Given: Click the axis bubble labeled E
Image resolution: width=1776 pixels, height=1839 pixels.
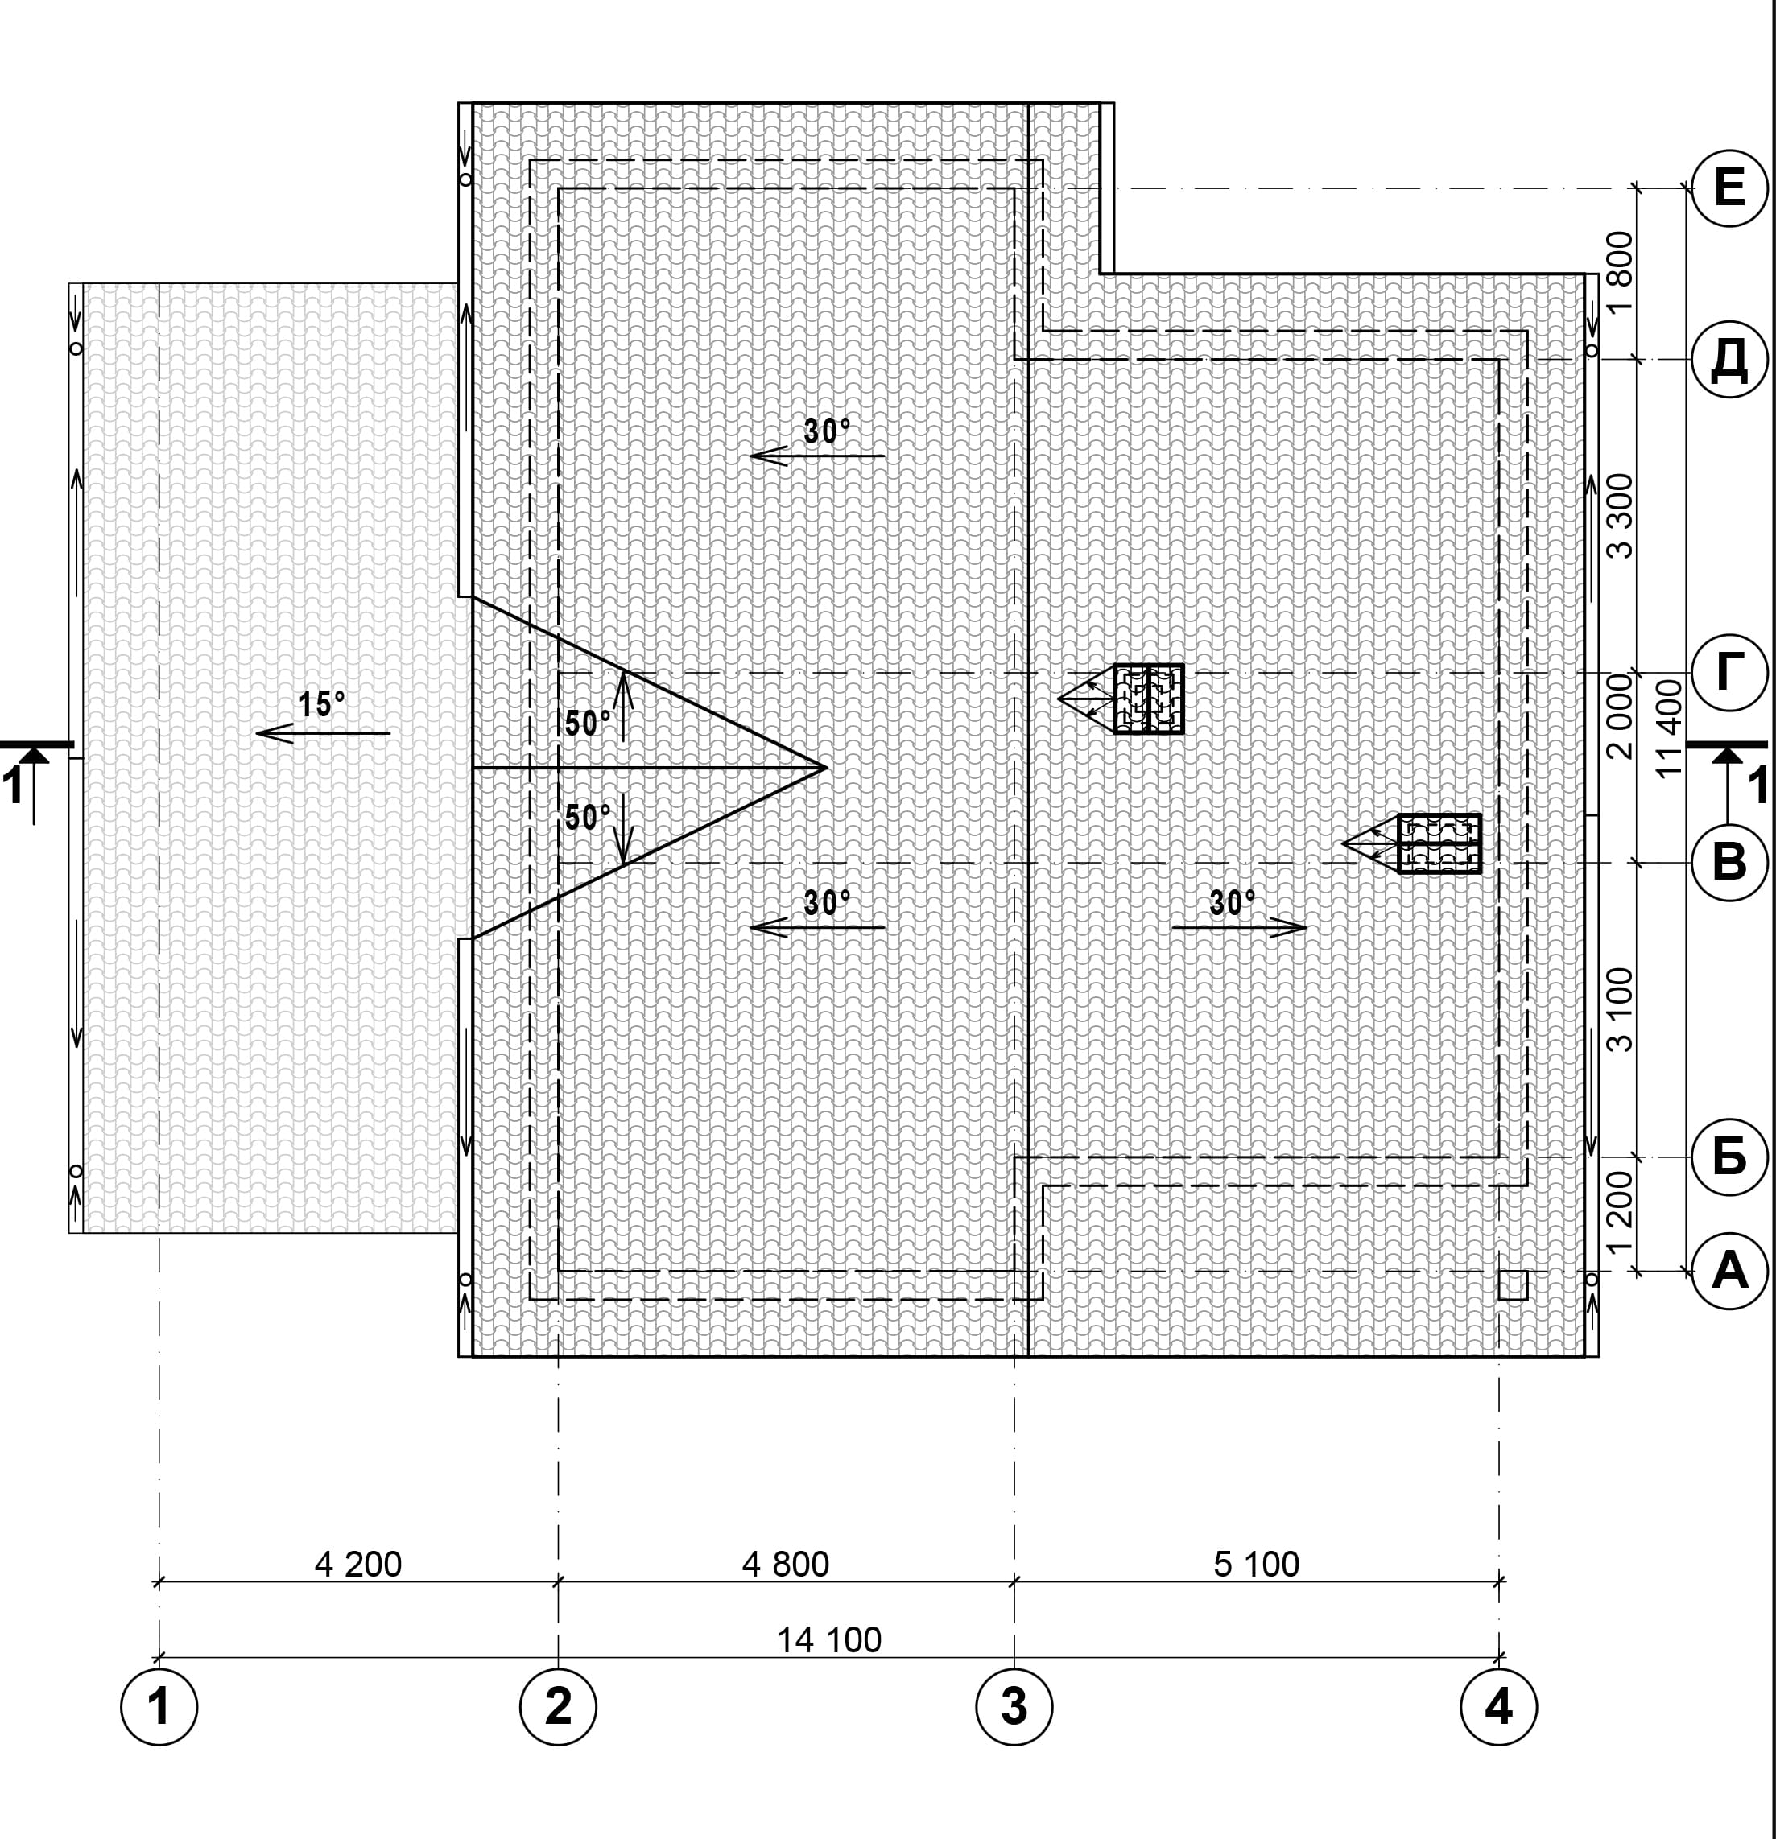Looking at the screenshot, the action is (x=1729, y=188).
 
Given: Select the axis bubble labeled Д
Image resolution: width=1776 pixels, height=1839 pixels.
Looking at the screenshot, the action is (x=1729, y=360).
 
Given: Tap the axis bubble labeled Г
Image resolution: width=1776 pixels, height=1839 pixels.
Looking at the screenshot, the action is (x=1729, y=672).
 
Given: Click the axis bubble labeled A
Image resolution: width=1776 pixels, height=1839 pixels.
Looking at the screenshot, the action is (x=1729, y=1272).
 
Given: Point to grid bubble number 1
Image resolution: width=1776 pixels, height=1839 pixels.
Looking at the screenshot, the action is (x=159, y=1707).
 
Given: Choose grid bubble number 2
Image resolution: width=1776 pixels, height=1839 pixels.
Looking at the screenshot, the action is (x=558, y=1707).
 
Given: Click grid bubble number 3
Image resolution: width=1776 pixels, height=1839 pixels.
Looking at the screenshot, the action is (x=1014, y=1707).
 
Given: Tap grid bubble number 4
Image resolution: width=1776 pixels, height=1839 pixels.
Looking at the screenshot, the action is (x=1499, y=1707).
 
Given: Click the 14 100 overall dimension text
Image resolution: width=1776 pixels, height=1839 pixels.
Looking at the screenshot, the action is (x=829, y=1640).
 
